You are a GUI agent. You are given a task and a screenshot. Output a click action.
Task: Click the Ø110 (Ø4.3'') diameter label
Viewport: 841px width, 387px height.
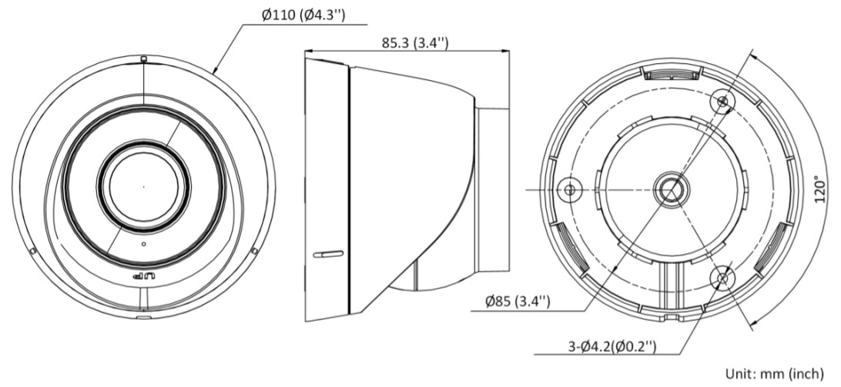click(x=303, y=15)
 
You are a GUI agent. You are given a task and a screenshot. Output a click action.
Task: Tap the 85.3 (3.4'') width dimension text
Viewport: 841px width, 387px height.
click(x=414, y=42)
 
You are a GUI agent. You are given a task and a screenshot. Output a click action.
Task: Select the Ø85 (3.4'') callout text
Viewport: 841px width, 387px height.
click(x=518, y=302)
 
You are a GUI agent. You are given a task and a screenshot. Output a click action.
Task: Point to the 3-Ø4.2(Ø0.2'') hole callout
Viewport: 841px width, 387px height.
click(x=612, y=346)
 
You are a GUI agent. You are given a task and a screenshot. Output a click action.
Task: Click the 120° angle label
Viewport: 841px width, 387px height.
click(x=819, y=188)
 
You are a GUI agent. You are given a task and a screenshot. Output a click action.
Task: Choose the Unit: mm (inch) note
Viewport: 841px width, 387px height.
click(x=775, y=373)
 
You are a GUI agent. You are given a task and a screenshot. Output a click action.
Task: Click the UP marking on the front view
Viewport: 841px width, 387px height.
click(x=143, y=276)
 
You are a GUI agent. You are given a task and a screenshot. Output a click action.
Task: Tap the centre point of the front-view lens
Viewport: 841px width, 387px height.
click(x=143, y=186)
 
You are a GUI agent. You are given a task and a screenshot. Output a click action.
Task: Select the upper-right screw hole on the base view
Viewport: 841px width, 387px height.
click(x=722, y=101)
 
